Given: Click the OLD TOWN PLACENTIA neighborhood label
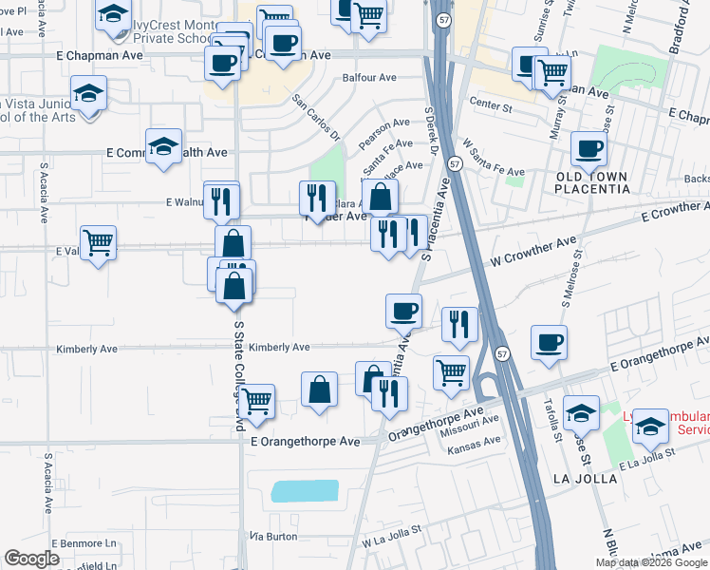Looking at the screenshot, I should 592,182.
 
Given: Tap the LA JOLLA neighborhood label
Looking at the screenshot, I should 586,479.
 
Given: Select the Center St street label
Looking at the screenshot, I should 490,108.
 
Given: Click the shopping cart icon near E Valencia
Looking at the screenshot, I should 99,243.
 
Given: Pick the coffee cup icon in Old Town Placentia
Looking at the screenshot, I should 589,149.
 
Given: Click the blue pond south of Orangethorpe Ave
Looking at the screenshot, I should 305,491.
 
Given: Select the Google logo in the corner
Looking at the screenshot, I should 32,559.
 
